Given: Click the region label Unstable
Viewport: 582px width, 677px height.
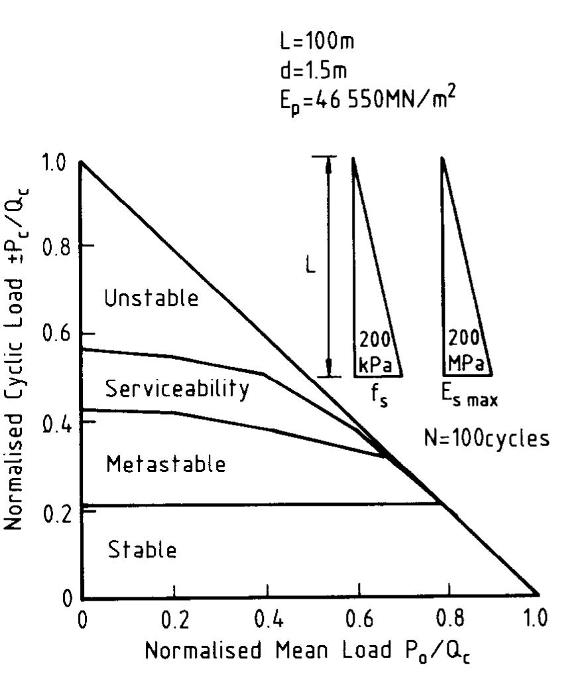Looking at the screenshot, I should [151, 299].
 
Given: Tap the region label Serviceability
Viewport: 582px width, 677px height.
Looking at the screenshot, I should [178, 389].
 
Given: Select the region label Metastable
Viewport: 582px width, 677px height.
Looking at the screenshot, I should [166, 464].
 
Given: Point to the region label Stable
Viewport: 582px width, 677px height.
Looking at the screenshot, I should [143, 550].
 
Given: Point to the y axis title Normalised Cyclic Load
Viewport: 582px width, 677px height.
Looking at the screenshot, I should [19, 358].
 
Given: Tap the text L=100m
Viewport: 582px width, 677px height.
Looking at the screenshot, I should [317, 42].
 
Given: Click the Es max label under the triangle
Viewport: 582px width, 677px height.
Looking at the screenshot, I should [470, 399].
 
